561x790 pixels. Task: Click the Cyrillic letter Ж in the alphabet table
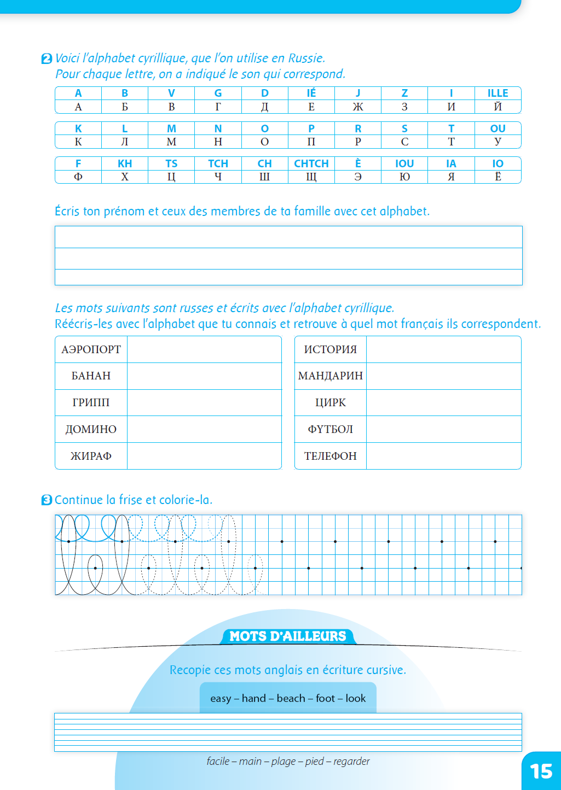point(358,107)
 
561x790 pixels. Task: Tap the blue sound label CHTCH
point(311,163)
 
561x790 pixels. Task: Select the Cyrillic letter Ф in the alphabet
point(78,177)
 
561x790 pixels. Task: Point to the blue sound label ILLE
point(498,93)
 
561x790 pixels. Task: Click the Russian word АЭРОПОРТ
point(91,349)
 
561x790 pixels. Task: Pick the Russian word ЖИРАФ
point(91,456)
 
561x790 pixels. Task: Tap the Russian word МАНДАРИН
point(331,376)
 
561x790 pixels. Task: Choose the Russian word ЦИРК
point(331,403)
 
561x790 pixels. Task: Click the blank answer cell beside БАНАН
point(204,376)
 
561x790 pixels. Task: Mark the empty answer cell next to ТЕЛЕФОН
point(443,456)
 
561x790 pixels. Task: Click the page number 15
point(541,771)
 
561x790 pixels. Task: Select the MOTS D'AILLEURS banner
point(288,636)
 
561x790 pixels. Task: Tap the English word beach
point(291,698)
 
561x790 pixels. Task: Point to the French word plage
point(284,761)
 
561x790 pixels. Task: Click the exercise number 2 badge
point(47,59)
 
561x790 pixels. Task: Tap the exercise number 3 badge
point(47,500)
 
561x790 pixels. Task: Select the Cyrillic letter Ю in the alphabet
point(404,177)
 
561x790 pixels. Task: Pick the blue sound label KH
point(125,163)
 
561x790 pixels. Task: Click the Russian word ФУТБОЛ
point(331,429)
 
